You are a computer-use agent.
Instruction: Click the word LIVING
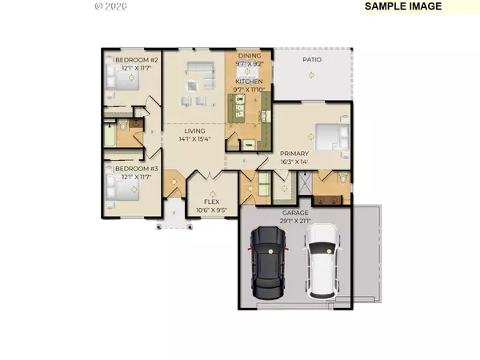coord(194,130)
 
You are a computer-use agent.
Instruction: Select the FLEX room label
coord(213,203)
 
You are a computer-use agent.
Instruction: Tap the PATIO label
coord(312,59)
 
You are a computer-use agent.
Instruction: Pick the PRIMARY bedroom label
coord(294,153)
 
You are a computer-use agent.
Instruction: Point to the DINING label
coord(250,55)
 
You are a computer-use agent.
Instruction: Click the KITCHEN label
coord(250,82)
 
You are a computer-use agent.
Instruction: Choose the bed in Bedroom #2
coord(113,77)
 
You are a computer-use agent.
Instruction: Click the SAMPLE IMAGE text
coord(402,6)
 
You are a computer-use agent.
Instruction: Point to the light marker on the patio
coord(311,75)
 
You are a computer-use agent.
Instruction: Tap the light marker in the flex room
coord(213,193)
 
